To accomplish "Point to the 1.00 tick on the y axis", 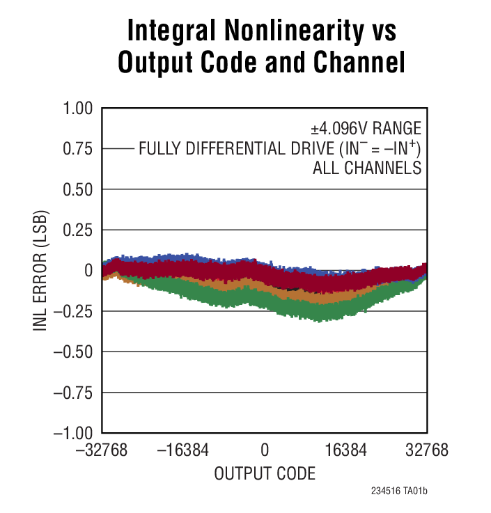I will [x=77, y=109].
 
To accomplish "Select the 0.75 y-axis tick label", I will [x=77, y=149].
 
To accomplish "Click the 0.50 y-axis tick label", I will [x=77, y=189].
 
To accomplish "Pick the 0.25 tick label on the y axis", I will [x=77, y=230].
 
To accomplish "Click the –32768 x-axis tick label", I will [x=103, y=450].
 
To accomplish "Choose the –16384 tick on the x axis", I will [x=184, y=450].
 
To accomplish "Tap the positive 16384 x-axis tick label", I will [x=345, y=450].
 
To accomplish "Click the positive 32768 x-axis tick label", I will [x=426, y=450].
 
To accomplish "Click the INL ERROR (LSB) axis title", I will [x=42, y=270].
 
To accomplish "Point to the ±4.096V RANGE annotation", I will [x=366, y=128].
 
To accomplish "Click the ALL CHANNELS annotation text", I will [x=367, y=168].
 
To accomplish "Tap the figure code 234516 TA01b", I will [x=399, y=491].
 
